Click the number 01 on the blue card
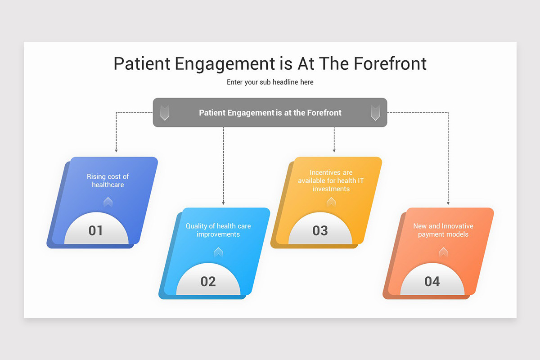click(x=95, y=230)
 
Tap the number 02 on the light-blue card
click(x=208, y=281)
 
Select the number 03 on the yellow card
click(x=320, y=230)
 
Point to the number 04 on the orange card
click(x=432, y=281)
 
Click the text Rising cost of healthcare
click(x=108, y=180)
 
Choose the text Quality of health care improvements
click(x=218, y=230)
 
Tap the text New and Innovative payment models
click(x=443, y=230)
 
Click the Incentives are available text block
click(x=331, y=180)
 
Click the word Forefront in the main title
click(x=390, y=63)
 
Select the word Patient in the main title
click(x=142, y=63)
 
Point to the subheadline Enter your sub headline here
click(x=270, y=82)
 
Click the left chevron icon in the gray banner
click(x=165, y=112)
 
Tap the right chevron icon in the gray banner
click(x=375, y=112)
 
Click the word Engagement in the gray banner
click(x=250, y=112)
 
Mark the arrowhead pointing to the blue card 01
click(x=116, y=150)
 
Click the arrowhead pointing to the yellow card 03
click(x=334, y=150)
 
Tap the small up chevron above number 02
click(x=218, y=252)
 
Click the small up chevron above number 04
click(x=443, y=252)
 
